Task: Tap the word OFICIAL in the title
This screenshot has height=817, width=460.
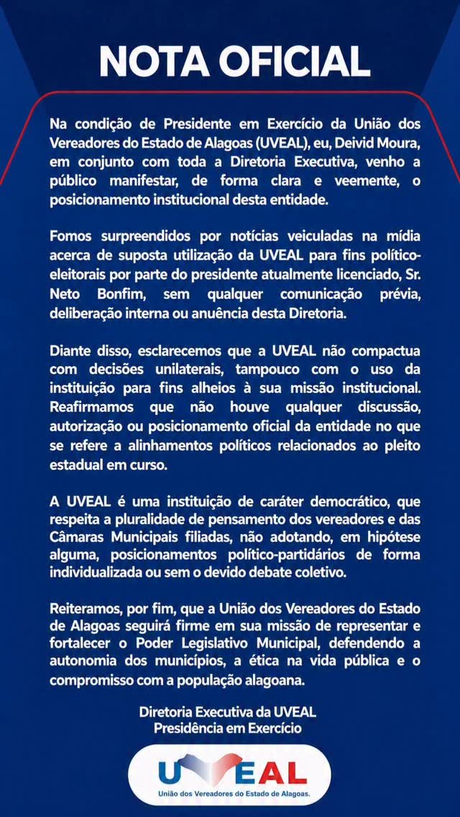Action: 295,61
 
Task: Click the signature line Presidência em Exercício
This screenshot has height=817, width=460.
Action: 227,727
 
